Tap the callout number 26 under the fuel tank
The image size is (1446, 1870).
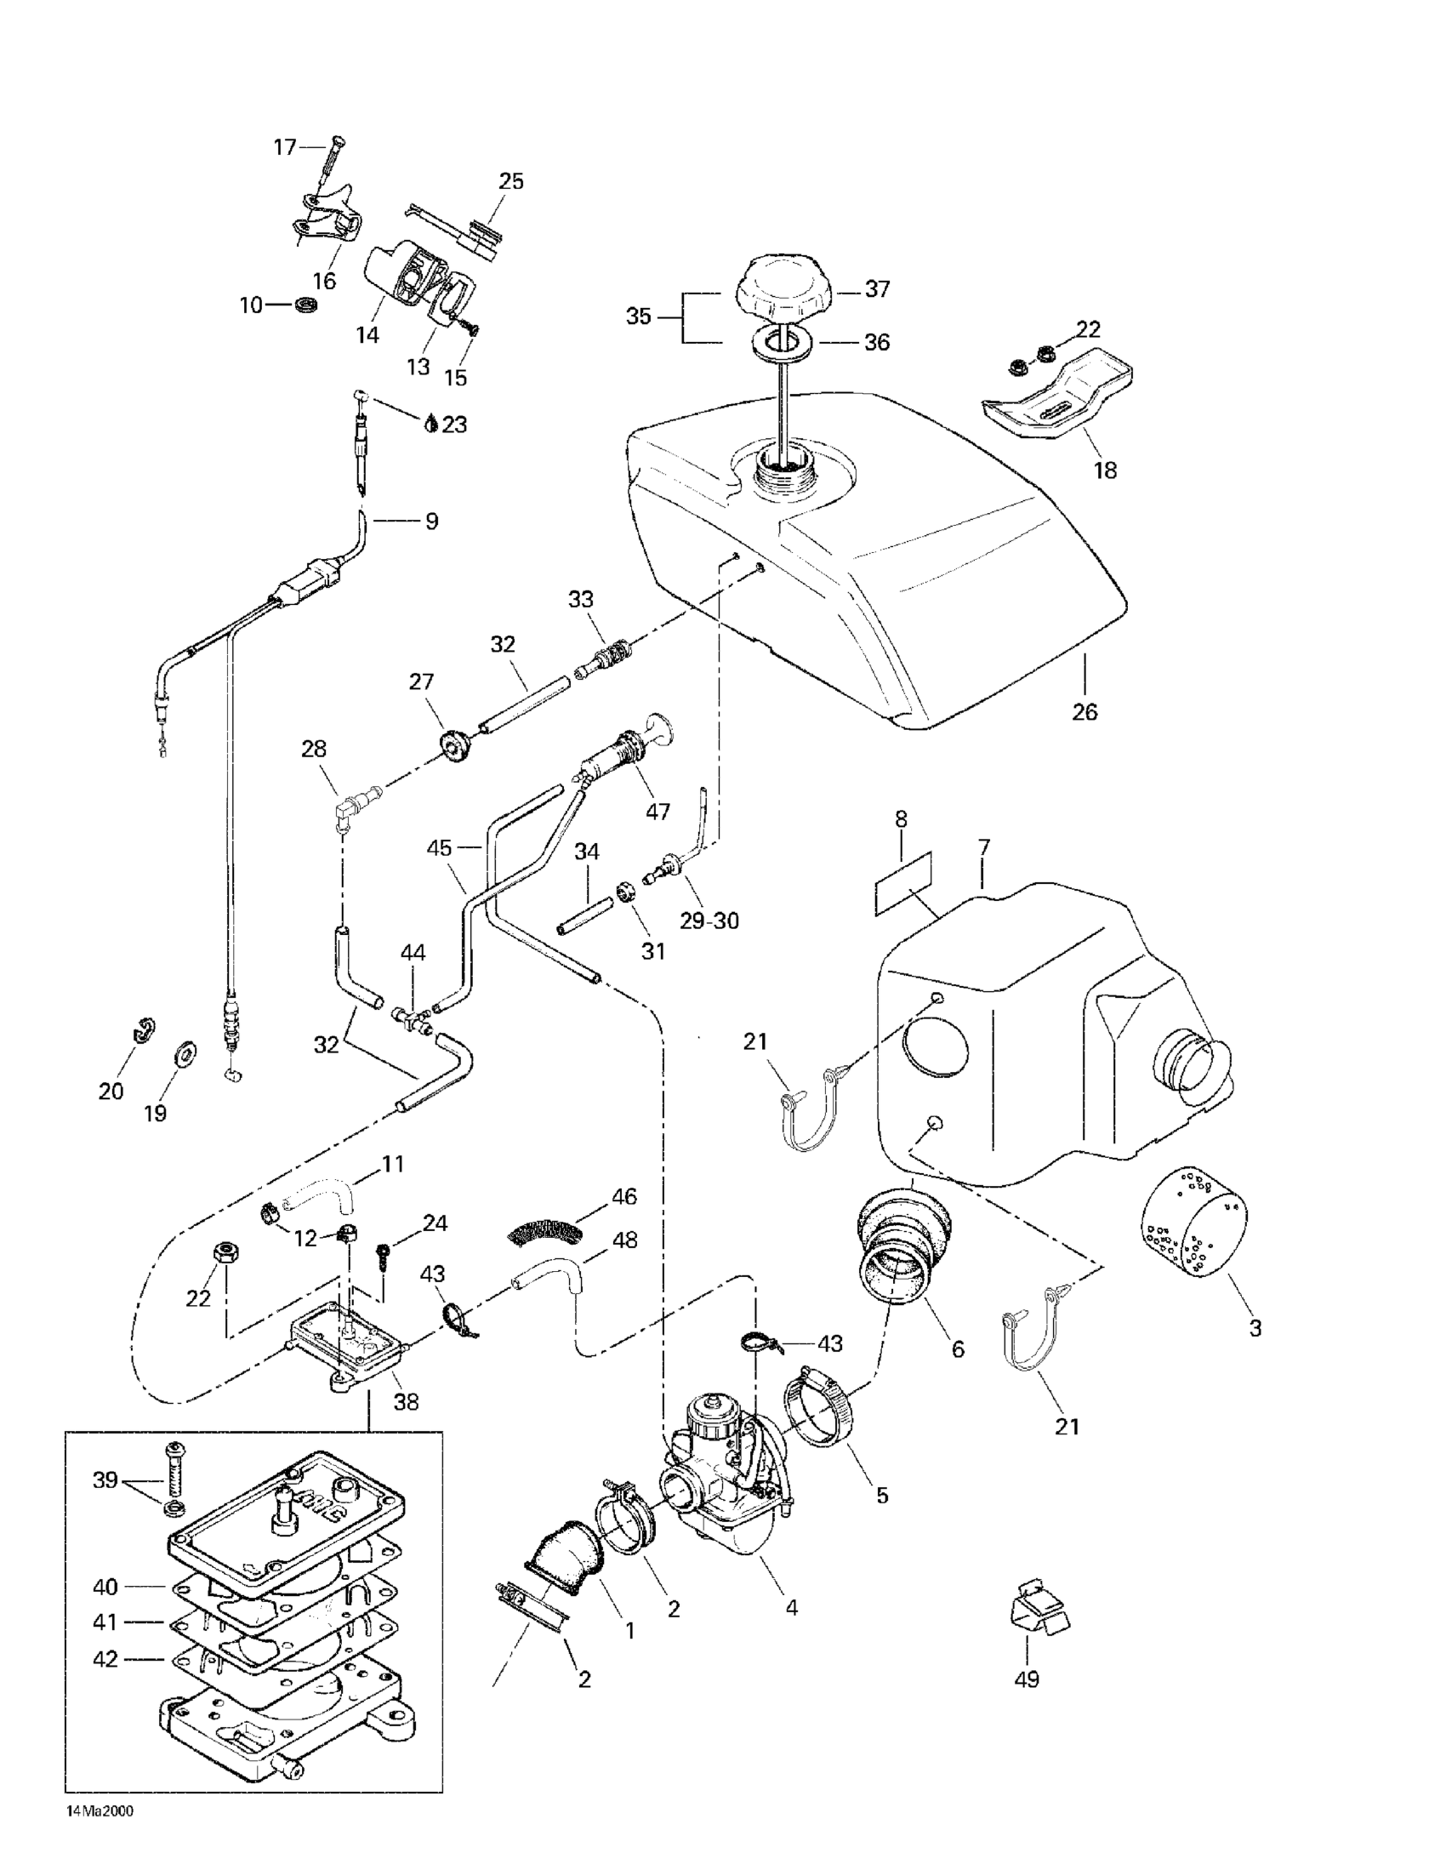pyautogui.click(x=1084, y=711)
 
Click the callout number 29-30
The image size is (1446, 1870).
pyautogui.click(x=709, y=921)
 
